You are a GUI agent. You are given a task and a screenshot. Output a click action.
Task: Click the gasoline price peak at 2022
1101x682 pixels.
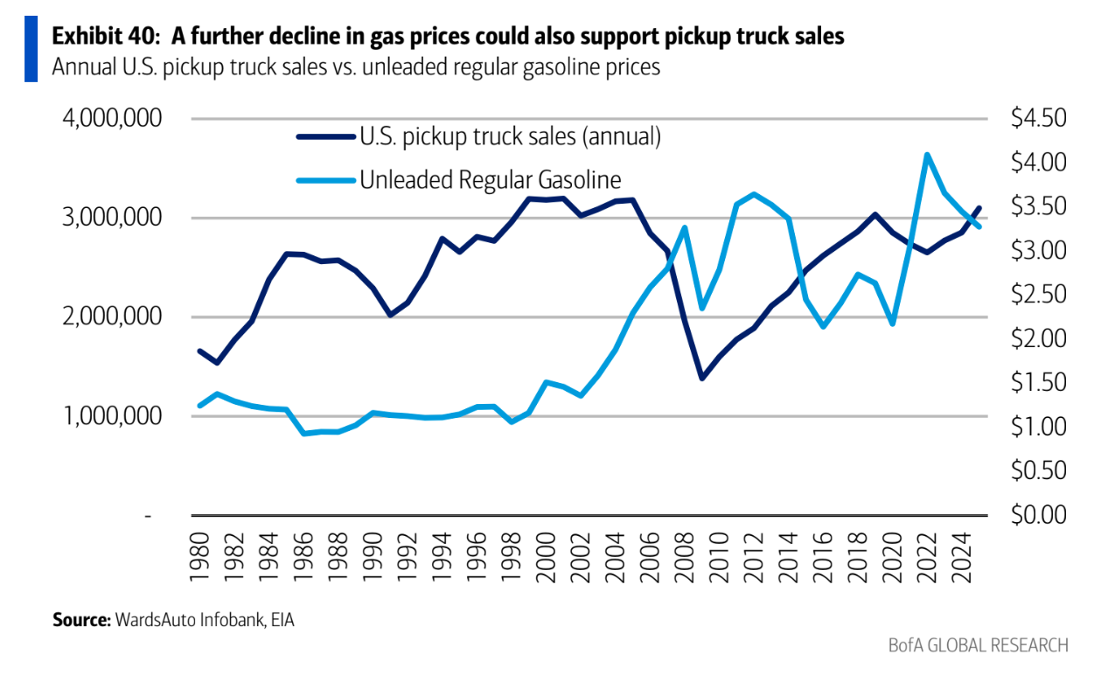(927, 155)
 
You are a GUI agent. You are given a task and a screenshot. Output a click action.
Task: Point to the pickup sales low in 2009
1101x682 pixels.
(701, 378)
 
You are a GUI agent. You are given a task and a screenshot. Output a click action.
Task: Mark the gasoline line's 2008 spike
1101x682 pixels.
(685, 227)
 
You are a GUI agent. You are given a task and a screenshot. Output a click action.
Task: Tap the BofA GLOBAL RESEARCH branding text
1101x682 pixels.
(977, 646)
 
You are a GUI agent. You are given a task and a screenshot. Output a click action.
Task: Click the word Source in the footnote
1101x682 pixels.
(79, 620)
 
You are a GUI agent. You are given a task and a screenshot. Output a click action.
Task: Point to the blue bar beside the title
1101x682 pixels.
(31, 49)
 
